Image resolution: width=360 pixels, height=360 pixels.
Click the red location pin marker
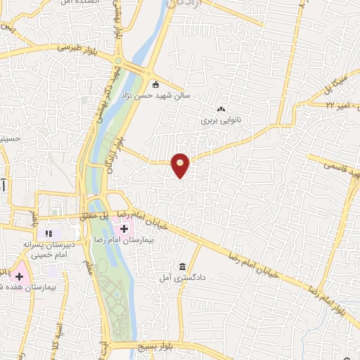[x=181, y=165]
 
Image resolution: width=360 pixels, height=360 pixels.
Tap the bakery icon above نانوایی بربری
[x=221, y=109]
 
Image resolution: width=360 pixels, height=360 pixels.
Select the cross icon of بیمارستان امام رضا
[x=124, y=228]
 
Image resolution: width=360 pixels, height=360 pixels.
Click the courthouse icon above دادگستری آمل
[x=183, y=266]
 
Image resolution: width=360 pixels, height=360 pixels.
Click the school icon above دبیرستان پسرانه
[x=49, y=233]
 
